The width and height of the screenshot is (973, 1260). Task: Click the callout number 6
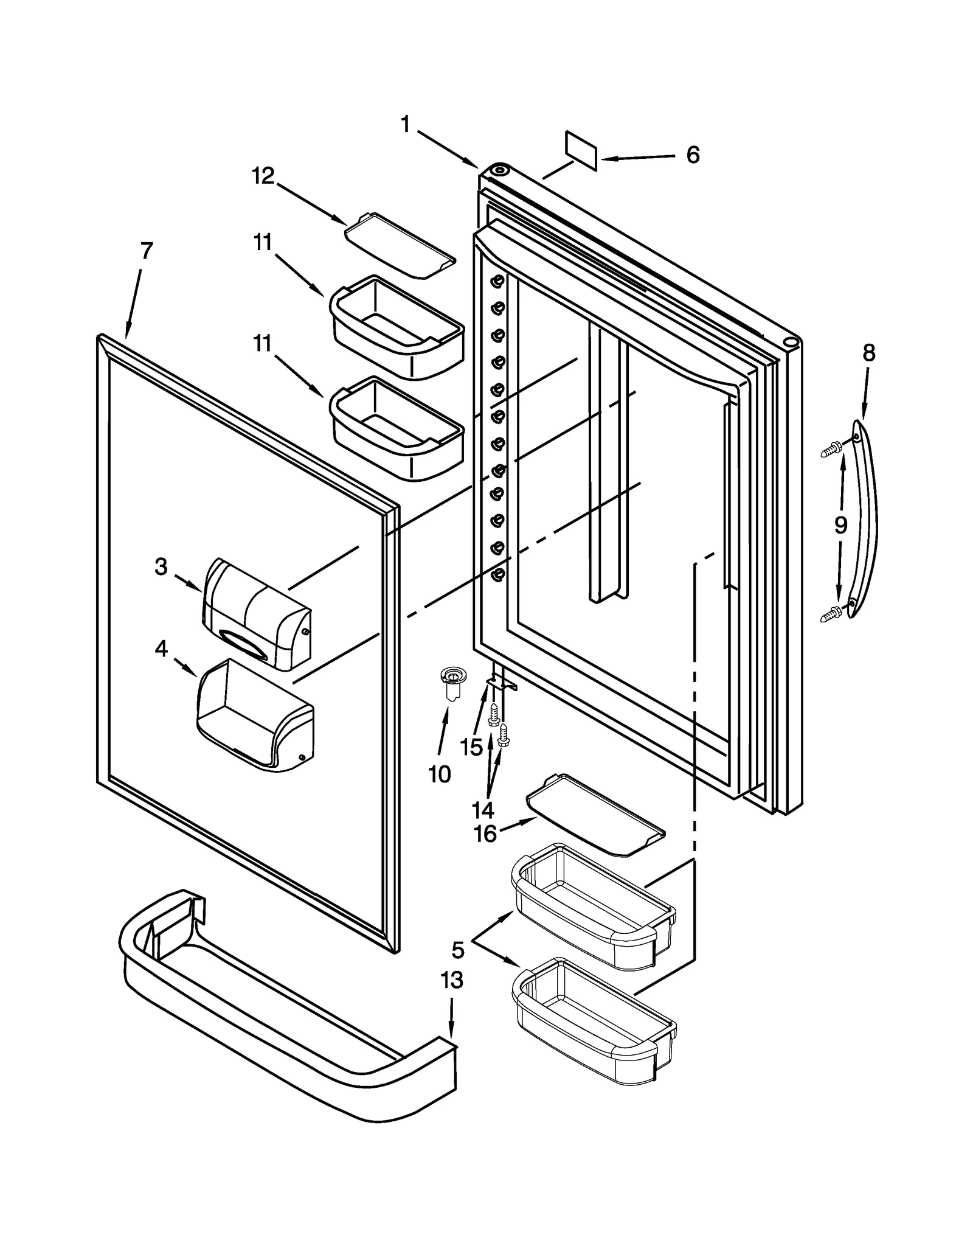click(693, 155)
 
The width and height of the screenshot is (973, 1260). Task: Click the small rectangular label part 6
click(581, 150)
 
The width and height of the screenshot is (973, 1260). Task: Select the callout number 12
click(263, 176)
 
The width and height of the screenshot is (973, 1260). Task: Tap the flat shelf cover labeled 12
click(400, 246)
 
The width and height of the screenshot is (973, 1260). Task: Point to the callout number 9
click(840, 524)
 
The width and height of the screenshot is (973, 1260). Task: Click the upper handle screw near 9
click(831, 450)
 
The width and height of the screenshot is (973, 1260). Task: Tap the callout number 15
click(471, 747)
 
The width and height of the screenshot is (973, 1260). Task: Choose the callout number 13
click(452, 980)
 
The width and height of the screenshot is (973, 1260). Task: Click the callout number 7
click(146, 250)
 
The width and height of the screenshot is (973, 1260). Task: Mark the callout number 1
click(406, 125)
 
